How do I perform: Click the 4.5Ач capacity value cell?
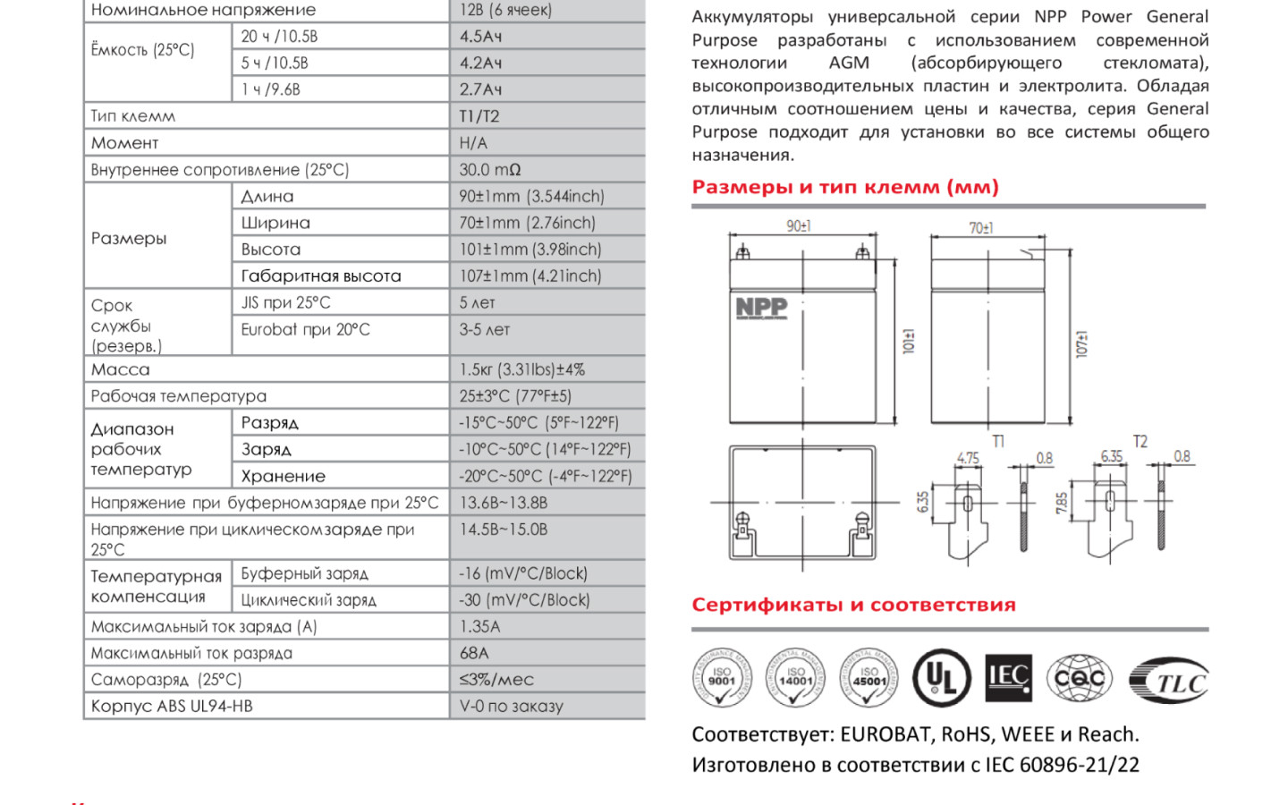(480, 37)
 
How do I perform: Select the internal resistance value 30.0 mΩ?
(489, 170)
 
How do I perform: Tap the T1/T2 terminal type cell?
(479, 116)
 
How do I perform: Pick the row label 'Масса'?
(121, 369)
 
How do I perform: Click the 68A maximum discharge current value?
(474, 653)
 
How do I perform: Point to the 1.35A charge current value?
(479, 626)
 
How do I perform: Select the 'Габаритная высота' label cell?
(320, 276)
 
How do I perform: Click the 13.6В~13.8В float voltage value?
(503, 503)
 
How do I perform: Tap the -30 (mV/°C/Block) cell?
(524, 600)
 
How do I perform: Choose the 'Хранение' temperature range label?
(283, 477)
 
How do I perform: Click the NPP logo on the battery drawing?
(761, 309)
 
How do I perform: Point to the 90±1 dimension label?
(799, 226)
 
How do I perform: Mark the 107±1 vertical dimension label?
(1081, 343)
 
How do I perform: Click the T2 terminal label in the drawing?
(1140, 442)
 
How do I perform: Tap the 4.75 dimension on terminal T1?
(968, 458)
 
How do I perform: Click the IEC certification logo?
(1008, 678)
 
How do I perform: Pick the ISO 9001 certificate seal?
(722, 678)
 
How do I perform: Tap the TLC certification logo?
(1169, 682)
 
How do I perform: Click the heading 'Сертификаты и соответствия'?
(853, 606)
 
